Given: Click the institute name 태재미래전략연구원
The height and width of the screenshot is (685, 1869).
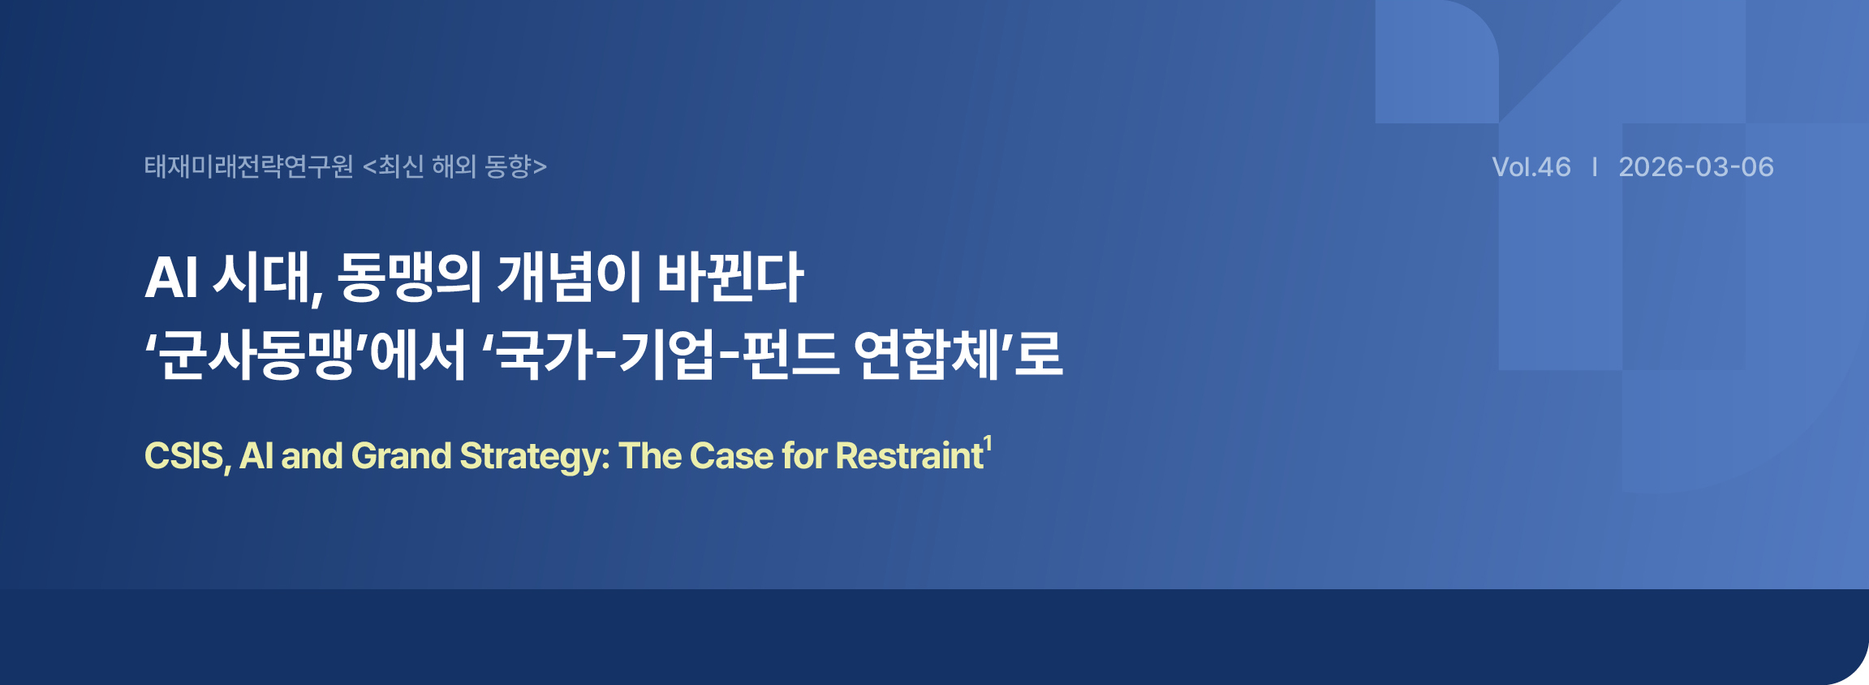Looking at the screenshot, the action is [249, 166].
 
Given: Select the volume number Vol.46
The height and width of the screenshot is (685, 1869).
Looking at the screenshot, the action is [1531, 167].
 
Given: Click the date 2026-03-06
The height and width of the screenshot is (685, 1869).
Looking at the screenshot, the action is [1696, 167].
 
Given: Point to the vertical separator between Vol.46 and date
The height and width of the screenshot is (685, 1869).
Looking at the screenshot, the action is [1596, 167].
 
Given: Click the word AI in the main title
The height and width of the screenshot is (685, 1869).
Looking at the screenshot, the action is [171, 278].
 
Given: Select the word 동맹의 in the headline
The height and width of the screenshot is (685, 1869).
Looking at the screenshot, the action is [410, 278].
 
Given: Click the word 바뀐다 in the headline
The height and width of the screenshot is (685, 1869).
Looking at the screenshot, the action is [730, 278].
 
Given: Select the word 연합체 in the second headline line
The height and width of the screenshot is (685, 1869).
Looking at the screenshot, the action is [927, 355].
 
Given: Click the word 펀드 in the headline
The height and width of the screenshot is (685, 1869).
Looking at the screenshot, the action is [790, 355].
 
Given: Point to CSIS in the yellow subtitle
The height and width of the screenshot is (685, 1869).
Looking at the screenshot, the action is [183, 455].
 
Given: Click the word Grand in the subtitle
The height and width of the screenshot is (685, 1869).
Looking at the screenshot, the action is [401, 455].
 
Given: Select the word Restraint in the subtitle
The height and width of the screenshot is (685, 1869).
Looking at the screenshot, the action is [910, 455].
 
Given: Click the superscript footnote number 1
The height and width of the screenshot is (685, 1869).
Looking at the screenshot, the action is [988, 443].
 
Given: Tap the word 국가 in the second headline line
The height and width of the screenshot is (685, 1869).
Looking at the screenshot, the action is [545, 355].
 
